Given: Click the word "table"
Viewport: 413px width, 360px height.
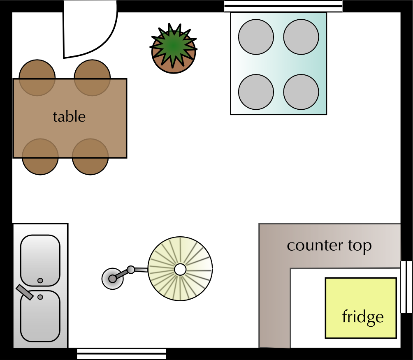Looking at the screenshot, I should tap(69, 117).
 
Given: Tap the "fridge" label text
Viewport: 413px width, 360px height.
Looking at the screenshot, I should tap(362, 317).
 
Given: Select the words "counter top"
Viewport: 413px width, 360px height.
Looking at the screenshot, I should tap(329, 245).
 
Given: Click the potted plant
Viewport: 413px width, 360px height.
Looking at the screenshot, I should tap(173, 49).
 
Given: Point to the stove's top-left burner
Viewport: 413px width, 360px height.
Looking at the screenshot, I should tap(256, 37).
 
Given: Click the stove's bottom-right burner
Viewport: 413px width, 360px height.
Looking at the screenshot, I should tap(301, 92).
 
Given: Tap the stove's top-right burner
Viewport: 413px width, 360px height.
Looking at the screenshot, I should tap(301, 37).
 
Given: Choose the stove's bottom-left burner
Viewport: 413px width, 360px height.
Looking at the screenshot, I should tap(256, 92).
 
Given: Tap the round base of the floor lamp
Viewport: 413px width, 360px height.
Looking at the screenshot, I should tap(112, 278).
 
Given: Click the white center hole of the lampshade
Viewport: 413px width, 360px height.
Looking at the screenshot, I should tap(180, 270).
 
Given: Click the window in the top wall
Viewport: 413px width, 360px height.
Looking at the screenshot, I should tap(283, 6).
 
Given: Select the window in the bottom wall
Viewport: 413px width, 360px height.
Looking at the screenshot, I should tap(121, 353).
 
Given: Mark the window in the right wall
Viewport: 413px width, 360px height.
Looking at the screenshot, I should tap(406, 286).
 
